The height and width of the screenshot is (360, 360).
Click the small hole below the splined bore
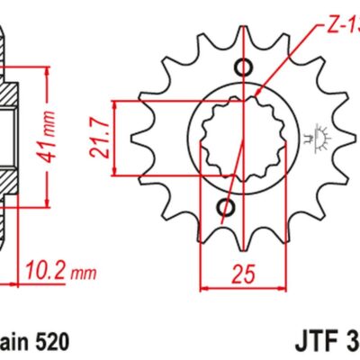coord(227,209)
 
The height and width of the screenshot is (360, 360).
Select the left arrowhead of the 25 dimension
coord(202,287)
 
